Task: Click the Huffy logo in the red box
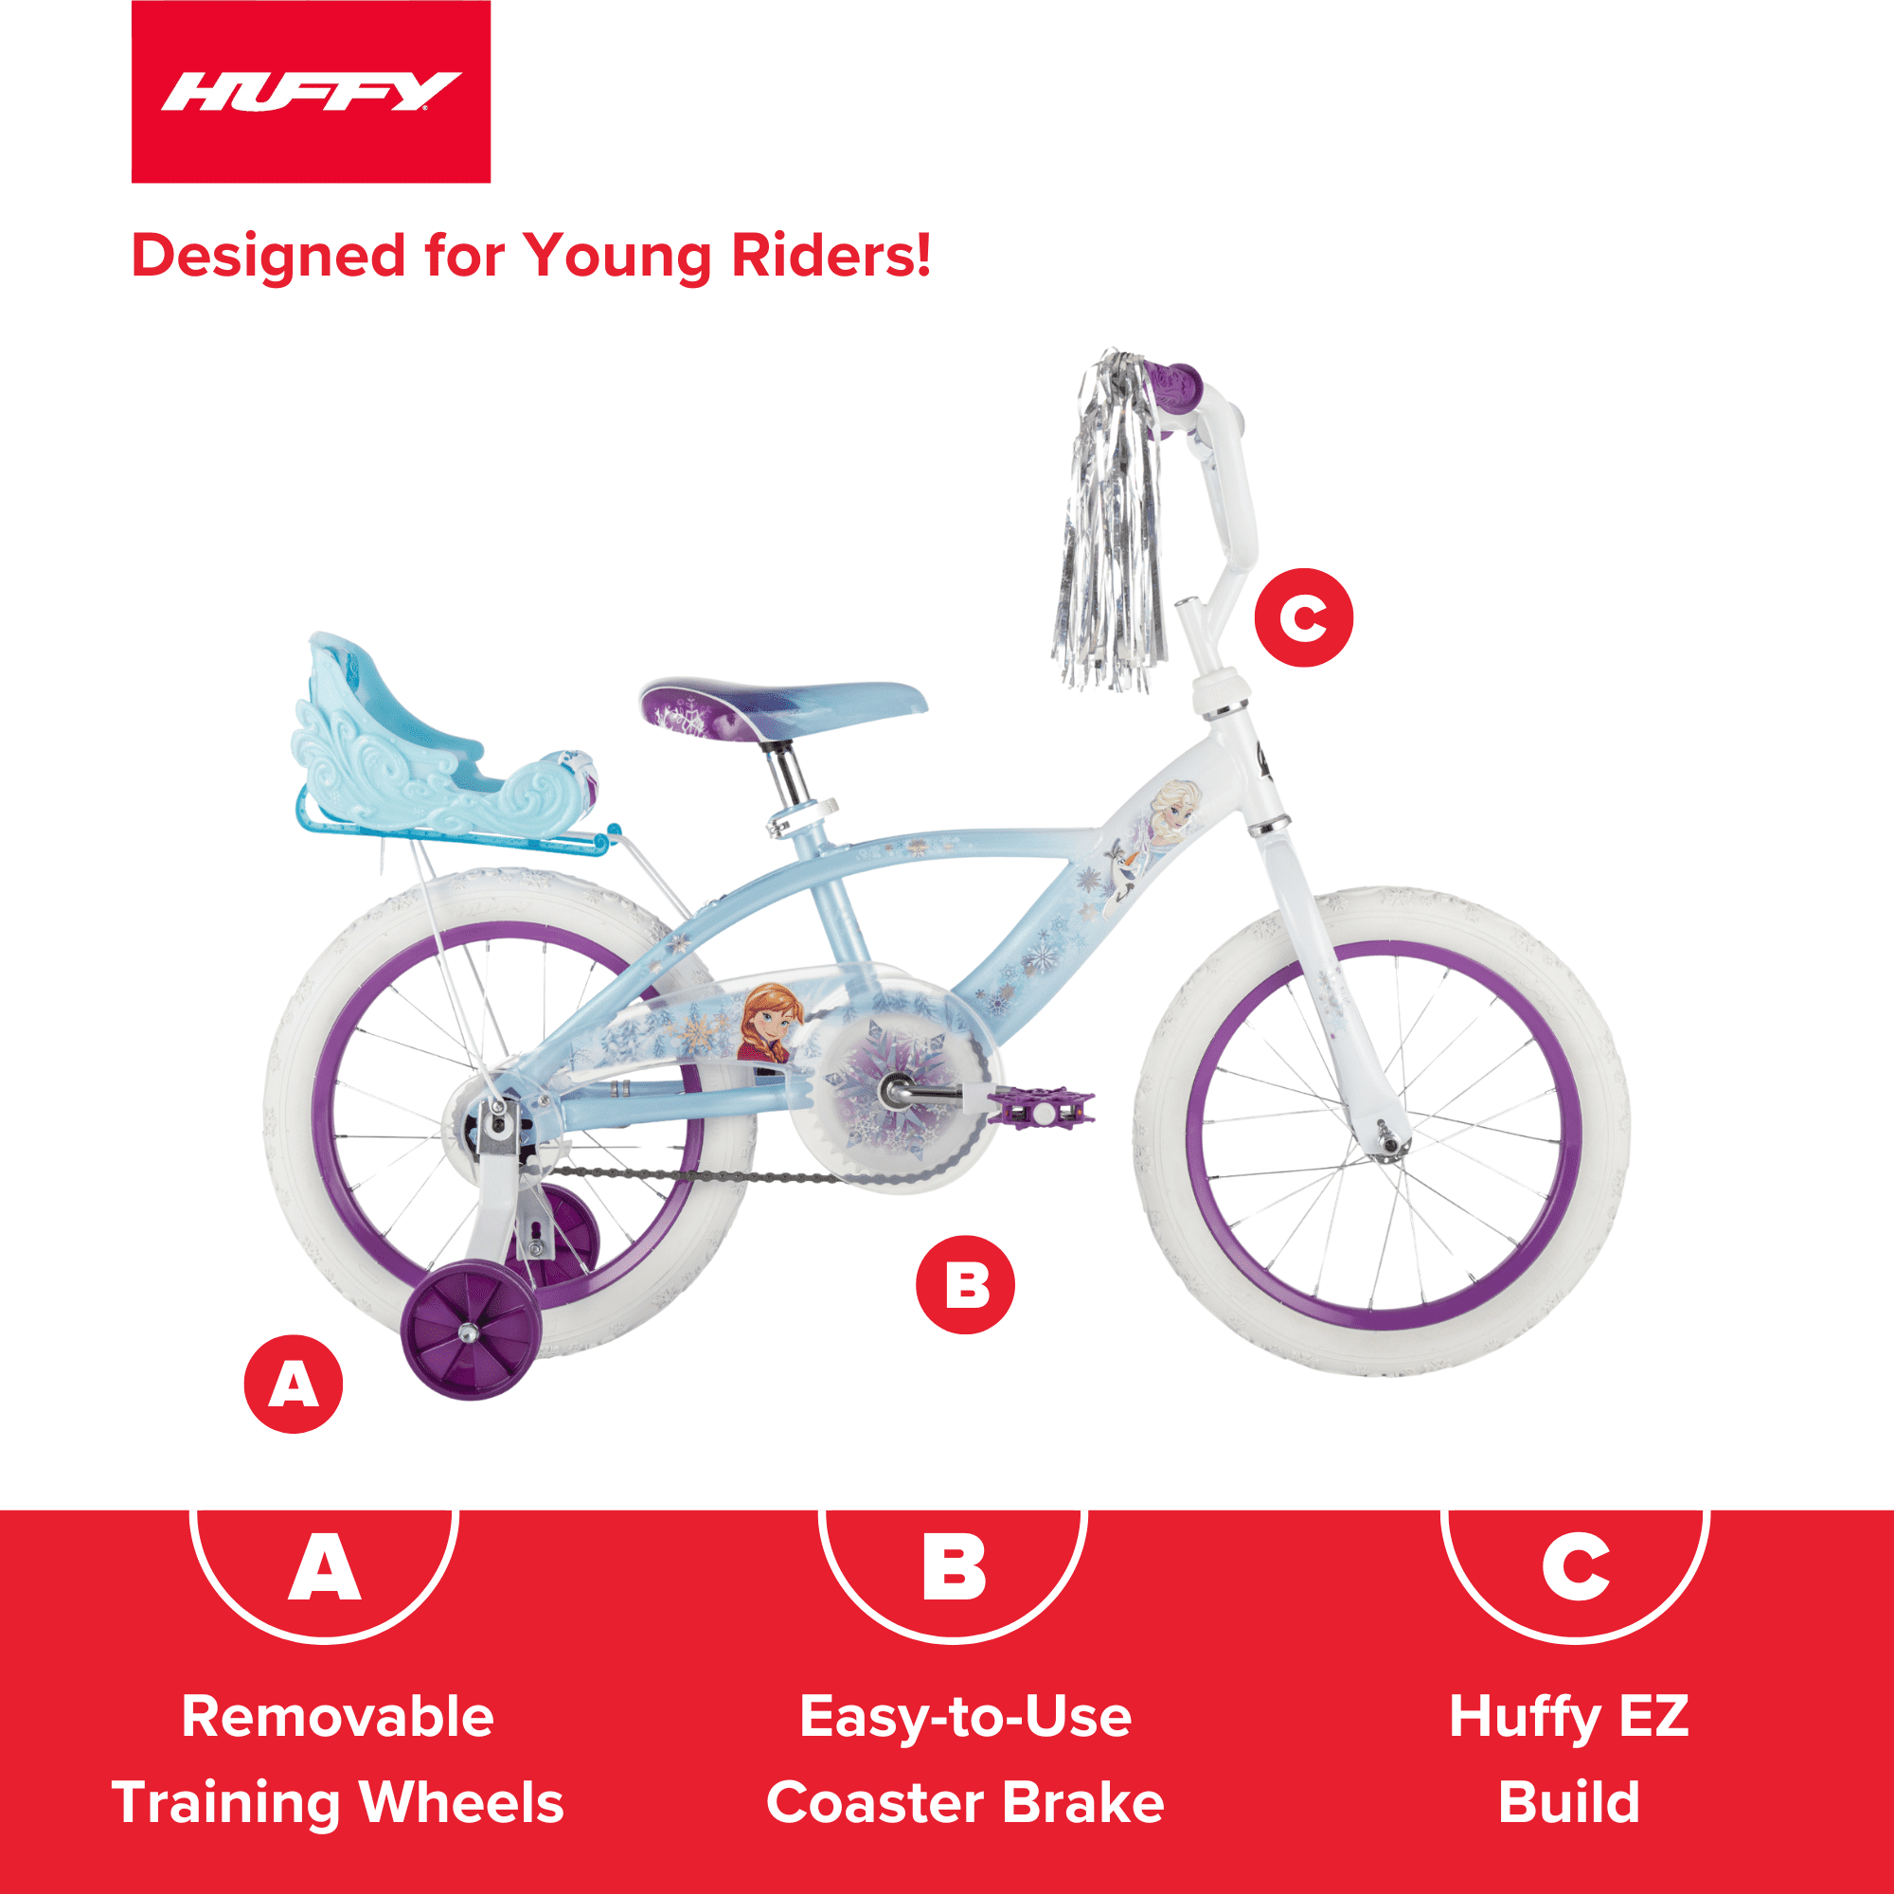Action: (x=310, y=92)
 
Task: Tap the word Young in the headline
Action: (x=617, y=257)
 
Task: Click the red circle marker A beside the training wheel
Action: (x=294, y=1385)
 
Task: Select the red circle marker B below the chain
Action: (x=965, y=1284)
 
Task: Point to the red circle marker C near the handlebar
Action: (x=1303, y=617)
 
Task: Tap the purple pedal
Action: (x=1040, y=1108)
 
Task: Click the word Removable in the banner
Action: (x=337, y=1717)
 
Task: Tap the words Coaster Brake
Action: (x=965, y=1802)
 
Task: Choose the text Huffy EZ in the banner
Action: (x=1568, y=1717)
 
